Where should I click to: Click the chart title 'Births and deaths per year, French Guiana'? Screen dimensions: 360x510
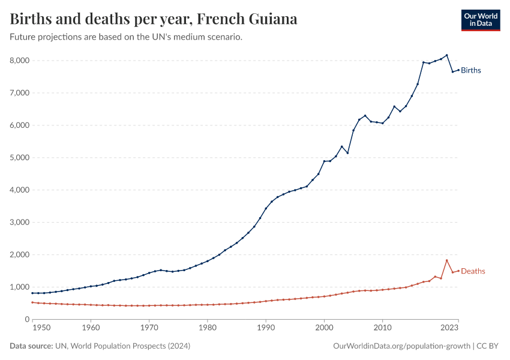154,19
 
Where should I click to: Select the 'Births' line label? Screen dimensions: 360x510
471,70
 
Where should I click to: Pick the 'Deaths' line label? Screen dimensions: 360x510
473,271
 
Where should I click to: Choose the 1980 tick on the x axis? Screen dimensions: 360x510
207,328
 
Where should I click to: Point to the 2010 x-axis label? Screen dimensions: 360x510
382,328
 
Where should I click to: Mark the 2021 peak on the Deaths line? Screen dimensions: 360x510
447,260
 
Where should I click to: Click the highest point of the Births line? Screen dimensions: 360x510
447,55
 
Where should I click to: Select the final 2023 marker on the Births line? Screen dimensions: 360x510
458,70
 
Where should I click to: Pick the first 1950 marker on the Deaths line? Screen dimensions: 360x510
32,302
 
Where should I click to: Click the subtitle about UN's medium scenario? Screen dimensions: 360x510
126,37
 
